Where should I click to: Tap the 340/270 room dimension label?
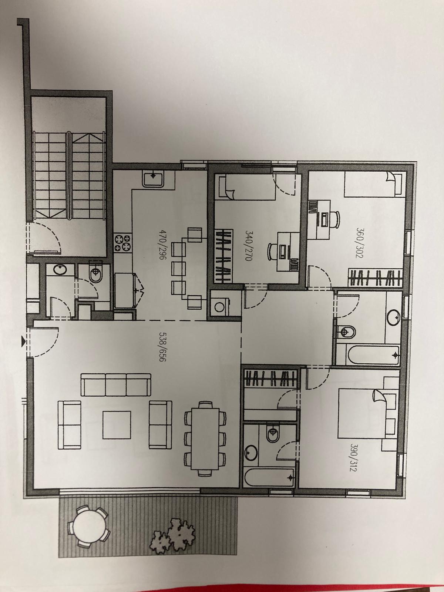[x=248, y=245]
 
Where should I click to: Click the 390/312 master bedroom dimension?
[x=353, y=458]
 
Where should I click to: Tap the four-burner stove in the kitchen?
[x=122, y=243]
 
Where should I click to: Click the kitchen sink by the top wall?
[x=153, y=179]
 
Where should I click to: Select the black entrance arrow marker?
[x=23, y=342]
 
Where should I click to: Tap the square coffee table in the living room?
[x=117, y=425]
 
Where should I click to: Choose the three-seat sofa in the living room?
[x=116, y=385]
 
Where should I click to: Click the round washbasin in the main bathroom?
[x=394, y=317]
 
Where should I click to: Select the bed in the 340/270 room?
[x=248, y=186]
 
